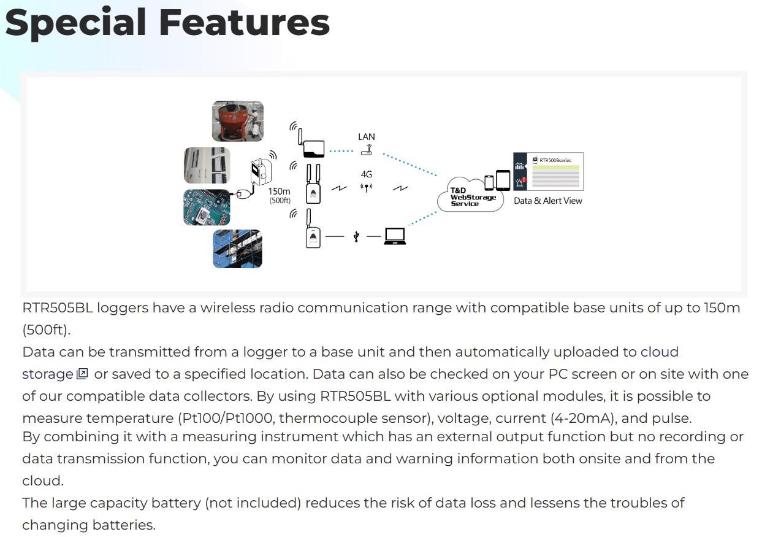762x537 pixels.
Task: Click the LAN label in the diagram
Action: click(x=367, y=137)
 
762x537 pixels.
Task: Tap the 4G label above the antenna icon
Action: click(x=367, y=174)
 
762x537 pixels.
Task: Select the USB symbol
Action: click(x=356, y=236)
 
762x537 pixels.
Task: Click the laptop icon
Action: click(x=395, y=236)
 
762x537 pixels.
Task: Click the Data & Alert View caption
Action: click(x=547, y=201)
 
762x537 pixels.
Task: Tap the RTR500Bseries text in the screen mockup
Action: click(x=555, y=161)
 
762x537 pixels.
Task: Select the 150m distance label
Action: click(x=279, y=191)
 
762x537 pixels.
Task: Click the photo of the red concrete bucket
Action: click(x=238, y=122)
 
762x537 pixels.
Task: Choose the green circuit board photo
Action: click(x=207, y=207)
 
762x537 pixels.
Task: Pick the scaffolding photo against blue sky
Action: click(x=237, y=249)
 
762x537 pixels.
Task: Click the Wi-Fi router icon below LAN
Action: click(x=367, y=149)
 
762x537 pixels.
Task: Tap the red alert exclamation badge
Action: click(x=524, y=180)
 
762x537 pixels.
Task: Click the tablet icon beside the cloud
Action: click(x=503, y=180)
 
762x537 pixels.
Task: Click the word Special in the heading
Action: click(x=75, y=23)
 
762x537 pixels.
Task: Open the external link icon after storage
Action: click(x=82, y=374)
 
